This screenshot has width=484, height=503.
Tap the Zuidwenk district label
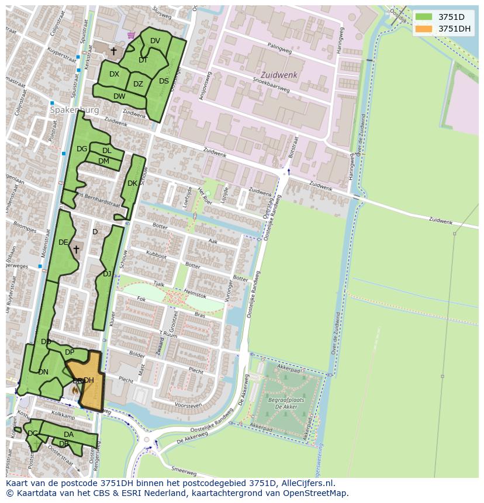click(x=279, y=75)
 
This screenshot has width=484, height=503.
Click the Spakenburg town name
click(x=74, y=110)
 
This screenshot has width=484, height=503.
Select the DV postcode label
click(x=155, y=41)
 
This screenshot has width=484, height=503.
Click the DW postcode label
click(x=119, y=96)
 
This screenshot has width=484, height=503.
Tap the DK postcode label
click(x=132, y=183)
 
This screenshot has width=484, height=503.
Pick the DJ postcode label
click(x=107, y=273)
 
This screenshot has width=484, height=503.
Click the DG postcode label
click(x=82, y=149)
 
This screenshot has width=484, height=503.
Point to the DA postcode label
click(x=68, y=435)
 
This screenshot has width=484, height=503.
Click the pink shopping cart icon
click(x=131, y=35)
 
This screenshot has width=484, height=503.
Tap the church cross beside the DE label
click(x=76, y=249)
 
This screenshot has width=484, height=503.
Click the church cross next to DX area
click(x=113, y=51)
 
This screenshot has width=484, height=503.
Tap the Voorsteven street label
click(x=188, y=405)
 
